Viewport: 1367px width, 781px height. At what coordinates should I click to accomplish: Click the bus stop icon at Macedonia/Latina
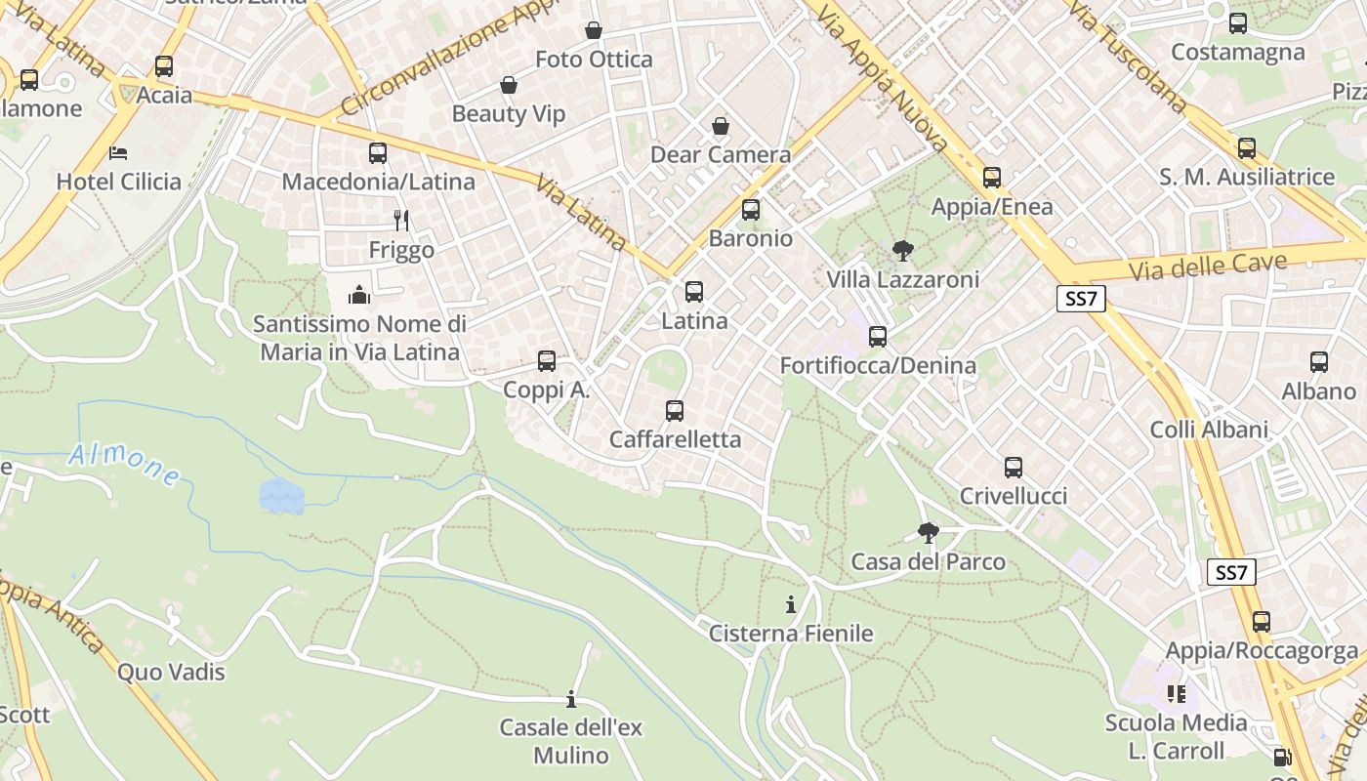[x=378, y=153]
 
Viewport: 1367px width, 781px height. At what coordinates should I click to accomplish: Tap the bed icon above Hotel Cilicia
[x=118, y=153]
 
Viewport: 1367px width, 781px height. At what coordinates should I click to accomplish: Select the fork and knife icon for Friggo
[x=400, y=221]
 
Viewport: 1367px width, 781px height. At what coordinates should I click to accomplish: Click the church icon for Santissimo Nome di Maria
[x=359, y=295]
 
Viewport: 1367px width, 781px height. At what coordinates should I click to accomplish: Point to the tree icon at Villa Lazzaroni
[x=903, y=251]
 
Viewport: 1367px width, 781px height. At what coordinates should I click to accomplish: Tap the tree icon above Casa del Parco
[x=928, y=533]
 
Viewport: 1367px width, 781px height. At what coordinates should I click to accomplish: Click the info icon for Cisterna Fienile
[x=791, y=605]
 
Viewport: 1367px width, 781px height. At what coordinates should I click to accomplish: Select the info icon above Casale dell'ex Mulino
[x=571, y=700]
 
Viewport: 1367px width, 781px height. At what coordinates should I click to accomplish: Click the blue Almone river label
[x=124, y=465]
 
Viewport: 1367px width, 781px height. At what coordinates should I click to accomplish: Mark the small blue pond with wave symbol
[x=281, y=496]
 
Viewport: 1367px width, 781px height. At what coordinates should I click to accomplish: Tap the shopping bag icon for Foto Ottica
[x=593, y=31]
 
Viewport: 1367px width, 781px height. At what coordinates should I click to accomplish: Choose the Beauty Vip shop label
[x=508, y=114]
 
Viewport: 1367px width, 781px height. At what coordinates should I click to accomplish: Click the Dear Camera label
[x=721, y=154]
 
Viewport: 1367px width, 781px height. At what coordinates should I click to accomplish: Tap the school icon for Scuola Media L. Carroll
[x=1176, y=694]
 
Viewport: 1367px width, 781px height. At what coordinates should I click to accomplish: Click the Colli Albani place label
[x=1209, y=430]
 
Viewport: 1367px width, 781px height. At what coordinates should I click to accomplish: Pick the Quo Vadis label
[x=171, y=673]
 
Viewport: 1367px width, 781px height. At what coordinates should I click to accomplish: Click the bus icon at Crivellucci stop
[x=1014, y=468]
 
